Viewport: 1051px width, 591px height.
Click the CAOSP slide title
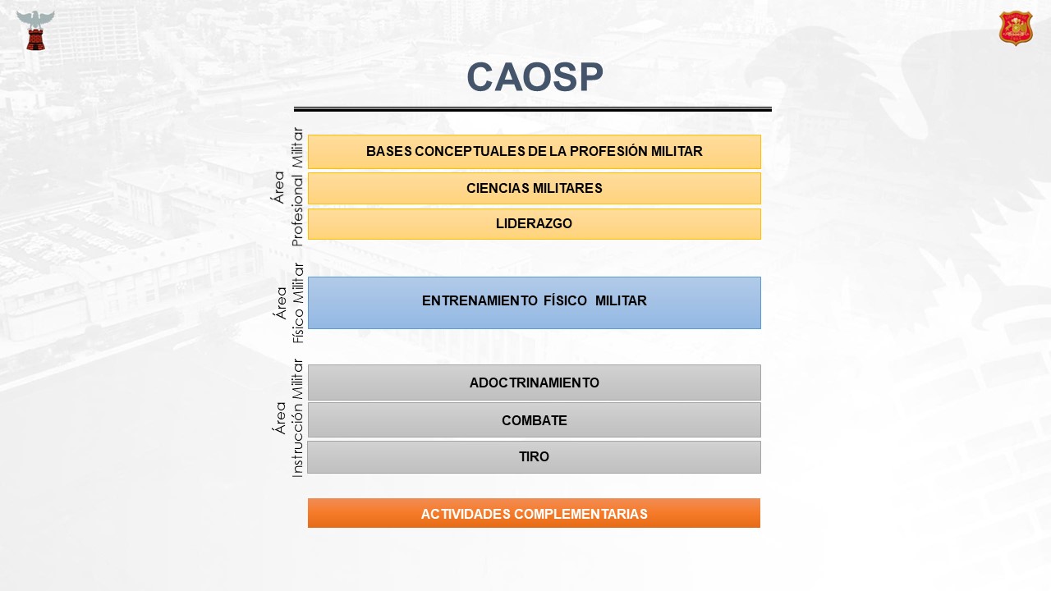(535, 77)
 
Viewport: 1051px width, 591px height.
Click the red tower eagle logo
(35, 30)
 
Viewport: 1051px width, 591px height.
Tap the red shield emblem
(1016, 28)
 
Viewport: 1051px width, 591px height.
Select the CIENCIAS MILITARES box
(534, 189)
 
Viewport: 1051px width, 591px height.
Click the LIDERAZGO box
(534, 224)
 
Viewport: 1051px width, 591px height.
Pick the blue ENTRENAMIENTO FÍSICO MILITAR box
(534, 303)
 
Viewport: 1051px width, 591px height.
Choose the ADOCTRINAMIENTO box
(534, 383)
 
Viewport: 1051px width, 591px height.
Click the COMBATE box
(534, 420)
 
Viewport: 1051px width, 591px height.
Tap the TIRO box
(534, 457)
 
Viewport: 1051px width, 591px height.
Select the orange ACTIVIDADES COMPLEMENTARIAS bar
(534, 513)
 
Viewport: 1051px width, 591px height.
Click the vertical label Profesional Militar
(297, 186)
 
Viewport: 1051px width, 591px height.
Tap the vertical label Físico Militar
(298, 303)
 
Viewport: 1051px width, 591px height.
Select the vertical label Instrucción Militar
(297, 419)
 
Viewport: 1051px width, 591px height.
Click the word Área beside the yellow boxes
(278, 186)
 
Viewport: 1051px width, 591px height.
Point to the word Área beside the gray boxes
(280, 418)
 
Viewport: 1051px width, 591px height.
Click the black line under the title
(533, 109)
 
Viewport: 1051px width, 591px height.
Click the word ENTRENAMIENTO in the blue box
(480, 300)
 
